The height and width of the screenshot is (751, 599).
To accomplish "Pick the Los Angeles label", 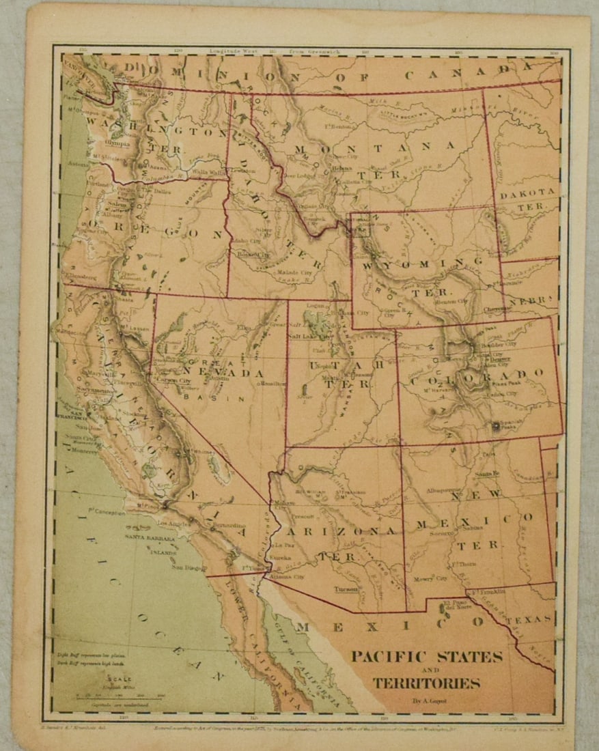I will point(171,524).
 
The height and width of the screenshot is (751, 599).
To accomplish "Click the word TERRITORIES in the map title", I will point(426,683).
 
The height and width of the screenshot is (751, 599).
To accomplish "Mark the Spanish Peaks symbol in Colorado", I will point(494,426).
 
